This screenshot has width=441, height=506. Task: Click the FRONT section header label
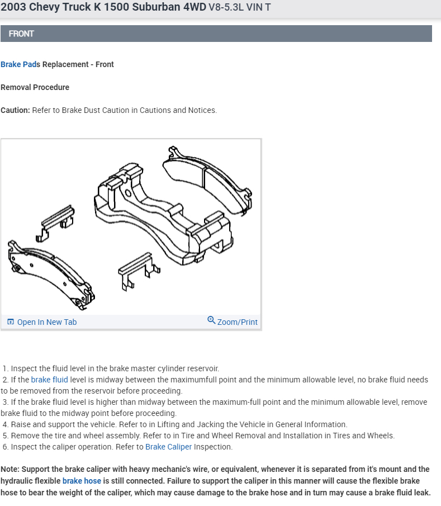[21, 34]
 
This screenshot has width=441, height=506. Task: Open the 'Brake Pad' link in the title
[18, 64]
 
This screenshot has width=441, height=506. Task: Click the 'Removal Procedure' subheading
[35, 87]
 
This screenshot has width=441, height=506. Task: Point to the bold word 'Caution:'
[15, 110]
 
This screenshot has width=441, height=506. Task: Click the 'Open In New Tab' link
[47, 322]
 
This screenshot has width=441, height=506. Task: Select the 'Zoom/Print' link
[237, 322]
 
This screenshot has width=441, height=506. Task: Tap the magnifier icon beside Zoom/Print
[211, 320]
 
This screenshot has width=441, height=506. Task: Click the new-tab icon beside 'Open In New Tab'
[11, 322]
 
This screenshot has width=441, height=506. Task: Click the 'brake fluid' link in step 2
[49, 380]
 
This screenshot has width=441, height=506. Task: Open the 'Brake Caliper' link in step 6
[168, 447]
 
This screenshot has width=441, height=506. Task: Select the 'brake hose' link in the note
[82, 481]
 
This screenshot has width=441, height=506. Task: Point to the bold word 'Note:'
[11, 469]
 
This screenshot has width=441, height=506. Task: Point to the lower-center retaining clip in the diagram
[137, 269]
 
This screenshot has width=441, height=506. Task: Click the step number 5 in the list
[5, 436]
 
